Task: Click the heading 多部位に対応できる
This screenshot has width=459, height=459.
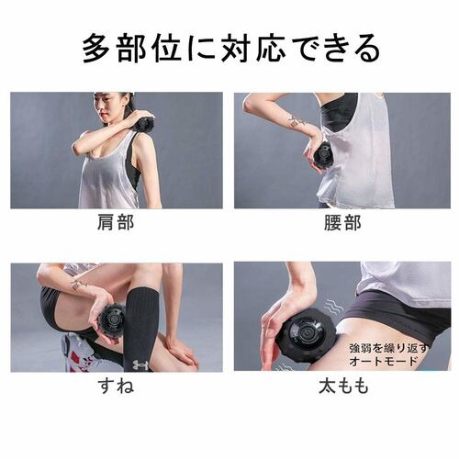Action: tap(231, 50)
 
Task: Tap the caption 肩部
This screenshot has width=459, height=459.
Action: tap(116, 222)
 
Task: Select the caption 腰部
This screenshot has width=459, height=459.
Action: tap(342, 222)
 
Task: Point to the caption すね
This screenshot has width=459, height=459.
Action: tap(116, 386)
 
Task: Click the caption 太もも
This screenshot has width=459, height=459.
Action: tap(343, 386)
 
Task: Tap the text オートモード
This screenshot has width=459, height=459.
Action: tap(383, 361)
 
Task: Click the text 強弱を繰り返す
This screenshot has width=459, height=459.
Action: tap(388, 348)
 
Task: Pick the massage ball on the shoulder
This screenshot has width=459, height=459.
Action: tap(145, 125)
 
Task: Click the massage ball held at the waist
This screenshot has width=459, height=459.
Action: tap(324, 154)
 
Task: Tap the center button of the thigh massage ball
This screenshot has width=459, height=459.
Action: tap(307, 332)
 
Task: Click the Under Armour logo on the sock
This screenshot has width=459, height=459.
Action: tap(140, 364)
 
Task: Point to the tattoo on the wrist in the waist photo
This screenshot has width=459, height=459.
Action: tap(297, 121)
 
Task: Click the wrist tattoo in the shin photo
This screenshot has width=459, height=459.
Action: tap(78, 285)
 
